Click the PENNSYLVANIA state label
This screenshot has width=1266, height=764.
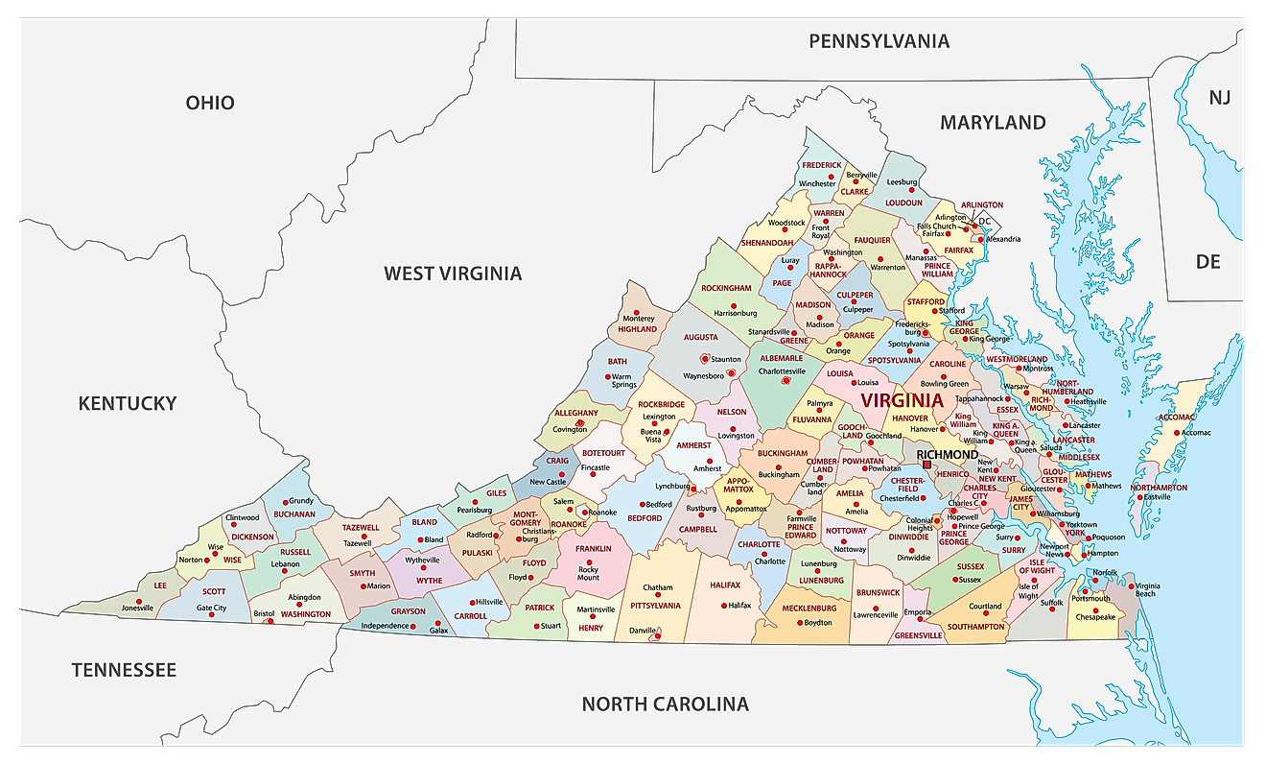pos(879,40)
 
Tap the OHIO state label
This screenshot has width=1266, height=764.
pos(210,103)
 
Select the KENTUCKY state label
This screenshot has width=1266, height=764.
pos(128,403)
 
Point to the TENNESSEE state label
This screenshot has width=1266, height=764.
pos(124,670)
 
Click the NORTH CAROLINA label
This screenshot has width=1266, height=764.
pos(665,704)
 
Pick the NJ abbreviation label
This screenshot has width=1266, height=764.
pos(1219,97)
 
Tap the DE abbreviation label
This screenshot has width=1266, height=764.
pos(1207,261)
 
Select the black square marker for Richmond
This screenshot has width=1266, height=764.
pos(926,466)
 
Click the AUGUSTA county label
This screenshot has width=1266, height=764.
pos(700,338)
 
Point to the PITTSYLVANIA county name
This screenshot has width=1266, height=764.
pos(655,606)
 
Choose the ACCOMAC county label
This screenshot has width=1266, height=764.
pos(1176,418)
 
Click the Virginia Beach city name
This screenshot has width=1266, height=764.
pos(1148,589)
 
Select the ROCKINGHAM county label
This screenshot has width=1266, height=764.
pos(726,288)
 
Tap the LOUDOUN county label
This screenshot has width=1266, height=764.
pos(903,203)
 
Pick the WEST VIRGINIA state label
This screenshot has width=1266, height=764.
pos(453,274)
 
